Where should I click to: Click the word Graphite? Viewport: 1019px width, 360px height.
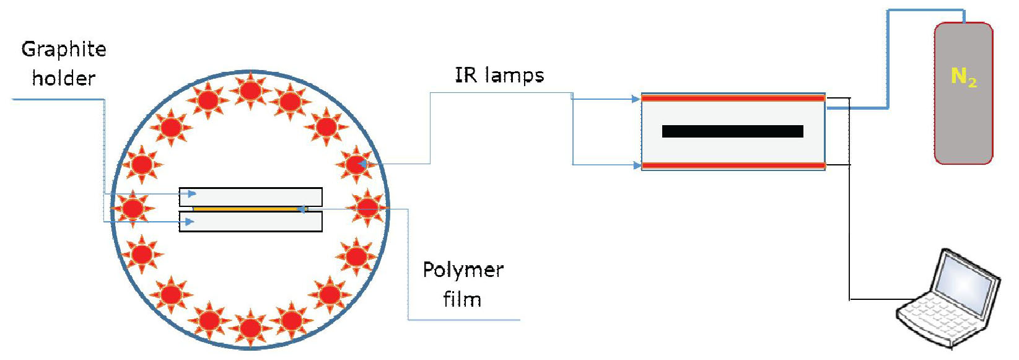(x=64, y=50)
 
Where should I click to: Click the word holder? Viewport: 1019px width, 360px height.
(x=64, y=78)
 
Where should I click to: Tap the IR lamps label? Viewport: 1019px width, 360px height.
(x=499, y=76)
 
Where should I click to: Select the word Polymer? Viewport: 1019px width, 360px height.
(x=463, y=270)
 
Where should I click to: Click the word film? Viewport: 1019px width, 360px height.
(x=462, y=299)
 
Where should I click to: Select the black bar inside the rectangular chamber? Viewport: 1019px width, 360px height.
(x=732, y=131)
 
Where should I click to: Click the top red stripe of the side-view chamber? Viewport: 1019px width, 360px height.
(x=733, y=98)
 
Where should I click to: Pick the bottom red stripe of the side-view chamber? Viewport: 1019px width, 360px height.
(x=733, y=165)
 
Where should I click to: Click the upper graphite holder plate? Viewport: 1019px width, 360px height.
(x=250, y=196)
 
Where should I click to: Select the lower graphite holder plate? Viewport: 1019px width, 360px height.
(x=250, y=222)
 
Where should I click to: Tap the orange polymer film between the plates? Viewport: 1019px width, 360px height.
(x=248, y=209)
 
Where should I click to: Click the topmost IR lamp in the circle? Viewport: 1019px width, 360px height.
(x=250, y=90)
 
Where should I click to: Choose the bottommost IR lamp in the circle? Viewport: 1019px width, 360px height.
(x=250, y=327)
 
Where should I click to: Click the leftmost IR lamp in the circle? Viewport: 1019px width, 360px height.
(x=132, y=208)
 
